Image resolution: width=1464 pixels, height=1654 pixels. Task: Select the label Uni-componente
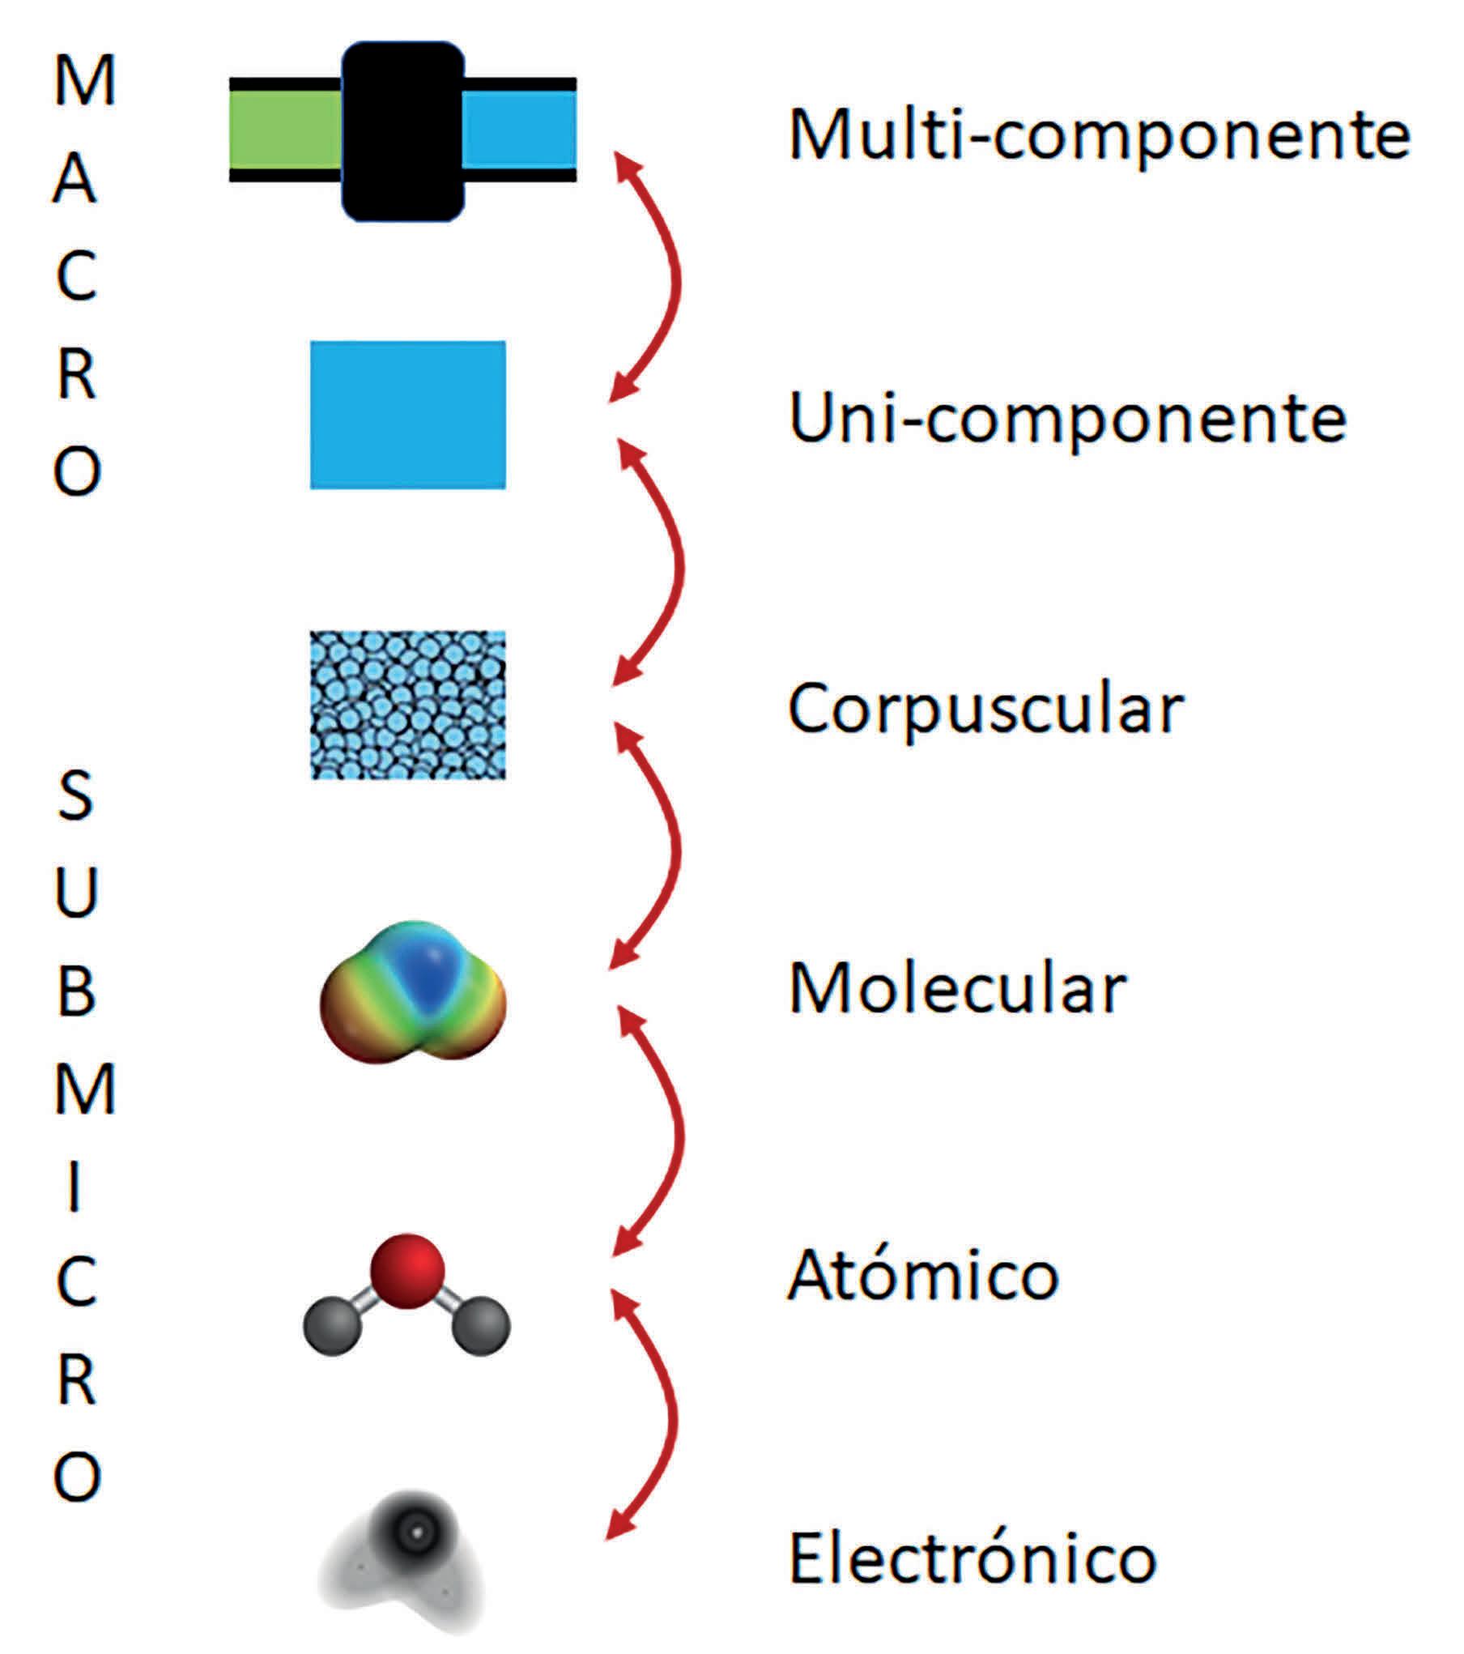coord(1066,420)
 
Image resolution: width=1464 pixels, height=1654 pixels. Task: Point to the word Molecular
coord(957,990)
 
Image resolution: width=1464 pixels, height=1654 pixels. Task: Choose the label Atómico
coord(922,1274)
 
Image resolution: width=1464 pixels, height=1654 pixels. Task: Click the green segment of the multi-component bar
coord(285,130)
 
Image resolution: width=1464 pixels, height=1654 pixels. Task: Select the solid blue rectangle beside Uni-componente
coord(408,415)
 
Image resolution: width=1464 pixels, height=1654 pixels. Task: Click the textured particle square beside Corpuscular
coord(408,705)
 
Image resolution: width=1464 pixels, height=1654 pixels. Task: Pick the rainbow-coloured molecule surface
coord(413,992)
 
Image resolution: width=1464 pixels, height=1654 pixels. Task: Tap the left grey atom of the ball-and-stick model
coord(331,1326)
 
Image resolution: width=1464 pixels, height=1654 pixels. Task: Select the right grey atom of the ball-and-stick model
coord(482,1326)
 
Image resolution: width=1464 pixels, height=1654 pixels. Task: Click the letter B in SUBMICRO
coord(77,991)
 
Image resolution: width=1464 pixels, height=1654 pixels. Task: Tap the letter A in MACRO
coord(75,180)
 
